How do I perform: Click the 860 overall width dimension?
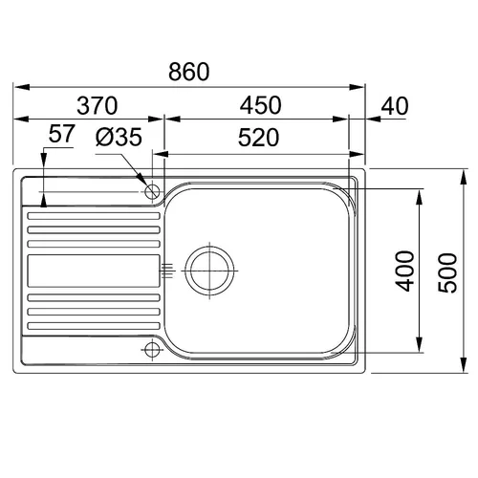[189, 72]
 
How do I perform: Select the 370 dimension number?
[98, 106]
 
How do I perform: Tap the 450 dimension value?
[261, 105]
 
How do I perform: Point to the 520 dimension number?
[258, 138]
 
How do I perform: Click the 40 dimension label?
[395, 106]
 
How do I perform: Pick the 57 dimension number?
[62, 134]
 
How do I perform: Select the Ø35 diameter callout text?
[119, 137]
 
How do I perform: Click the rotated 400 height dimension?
[404, 272]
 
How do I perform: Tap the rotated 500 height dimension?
[447, 273]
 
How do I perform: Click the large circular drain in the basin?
[209, 271]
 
